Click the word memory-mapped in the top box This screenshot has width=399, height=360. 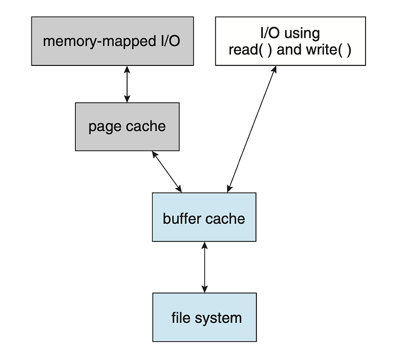(99, 41)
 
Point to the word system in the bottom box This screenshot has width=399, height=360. (218, 319)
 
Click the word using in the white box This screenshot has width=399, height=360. (302, 34)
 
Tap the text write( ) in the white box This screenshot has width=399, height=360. (329, 49)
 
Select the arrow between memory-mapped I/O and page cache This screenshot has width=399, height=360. (127, 84)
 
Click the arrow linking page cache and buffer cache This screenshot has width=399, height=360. (167, 172)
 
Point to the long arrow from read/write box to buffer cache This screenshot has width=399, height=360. (252, 129)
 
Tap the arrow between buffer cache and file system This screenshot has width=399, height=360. (205, 267)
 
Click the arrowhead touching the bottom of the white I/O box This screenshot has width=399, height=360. (275, 70)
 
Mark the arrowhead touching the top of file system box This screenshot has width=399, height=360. (205, 289)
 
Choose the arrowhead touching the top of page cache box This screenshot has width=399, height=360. (127, 99)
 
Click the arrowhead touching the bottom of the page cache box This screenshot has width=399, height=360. (154, 154)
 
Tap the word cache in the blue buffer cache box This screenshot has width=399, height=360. (225, 219)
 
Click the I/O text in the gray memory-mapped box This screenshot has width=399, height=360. (170, 41)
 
